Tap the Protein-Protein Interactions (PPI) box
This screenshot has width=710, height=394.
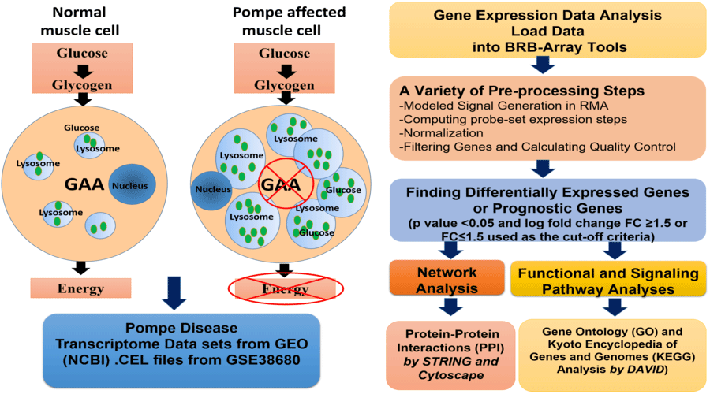[x=446, y=353]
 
